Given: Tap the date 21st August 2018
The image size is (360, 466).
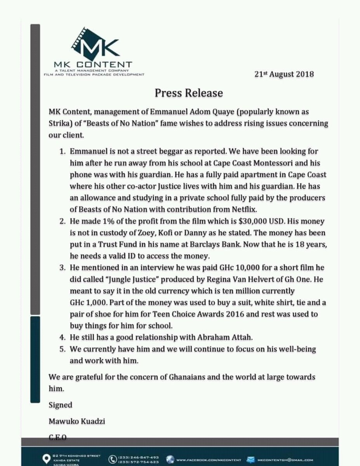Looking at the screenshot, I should pyautogui.click(x=279, y=74).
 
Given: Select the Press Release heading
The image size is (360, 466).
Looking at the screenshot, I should pyautogui.click(x=189, y=93).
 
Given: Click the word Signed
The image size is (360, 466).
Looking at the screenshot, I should pyautogui.click(x=60, y=405).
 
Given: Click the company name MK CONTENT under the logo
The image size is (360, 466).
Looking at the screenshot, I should pyautogui.click(x=93, y=64).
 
